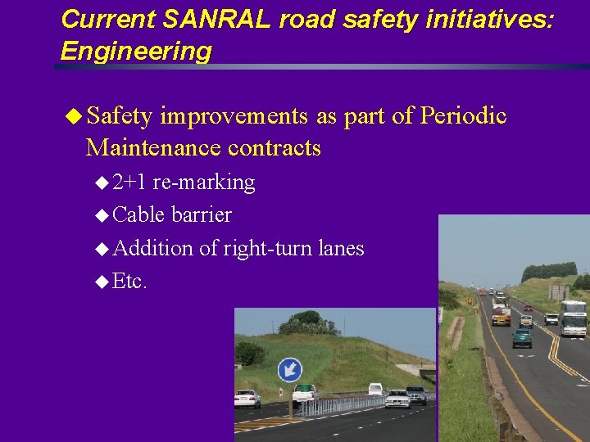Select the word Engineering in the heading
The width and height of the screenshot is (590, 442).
tap(136, 51)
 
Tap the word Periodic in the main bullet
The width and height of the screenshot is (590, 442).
tap(463, 116)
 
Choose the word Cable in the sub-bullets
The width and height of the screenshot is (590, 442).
tap(139, 214)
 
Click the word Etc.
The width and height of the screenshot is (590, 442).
tap(129, 281)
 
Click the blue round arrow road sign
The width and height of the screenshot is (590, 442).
tap(289, 370)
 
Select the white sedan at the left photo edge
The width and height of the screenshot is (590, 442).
tap(247, 398)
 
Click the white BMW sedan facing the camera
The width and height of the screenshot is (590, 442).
tap(397, 398)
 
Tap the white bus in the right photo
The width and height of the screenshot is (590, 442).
tap(573, 318)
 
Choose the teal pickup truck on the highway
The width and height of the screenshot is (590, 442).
tap(522, 337)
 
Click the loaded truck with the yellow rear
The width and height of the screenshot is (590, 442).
tap(501, 315)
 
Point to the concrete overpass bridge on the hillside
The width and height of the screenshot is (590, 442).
tap(414, 370)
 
